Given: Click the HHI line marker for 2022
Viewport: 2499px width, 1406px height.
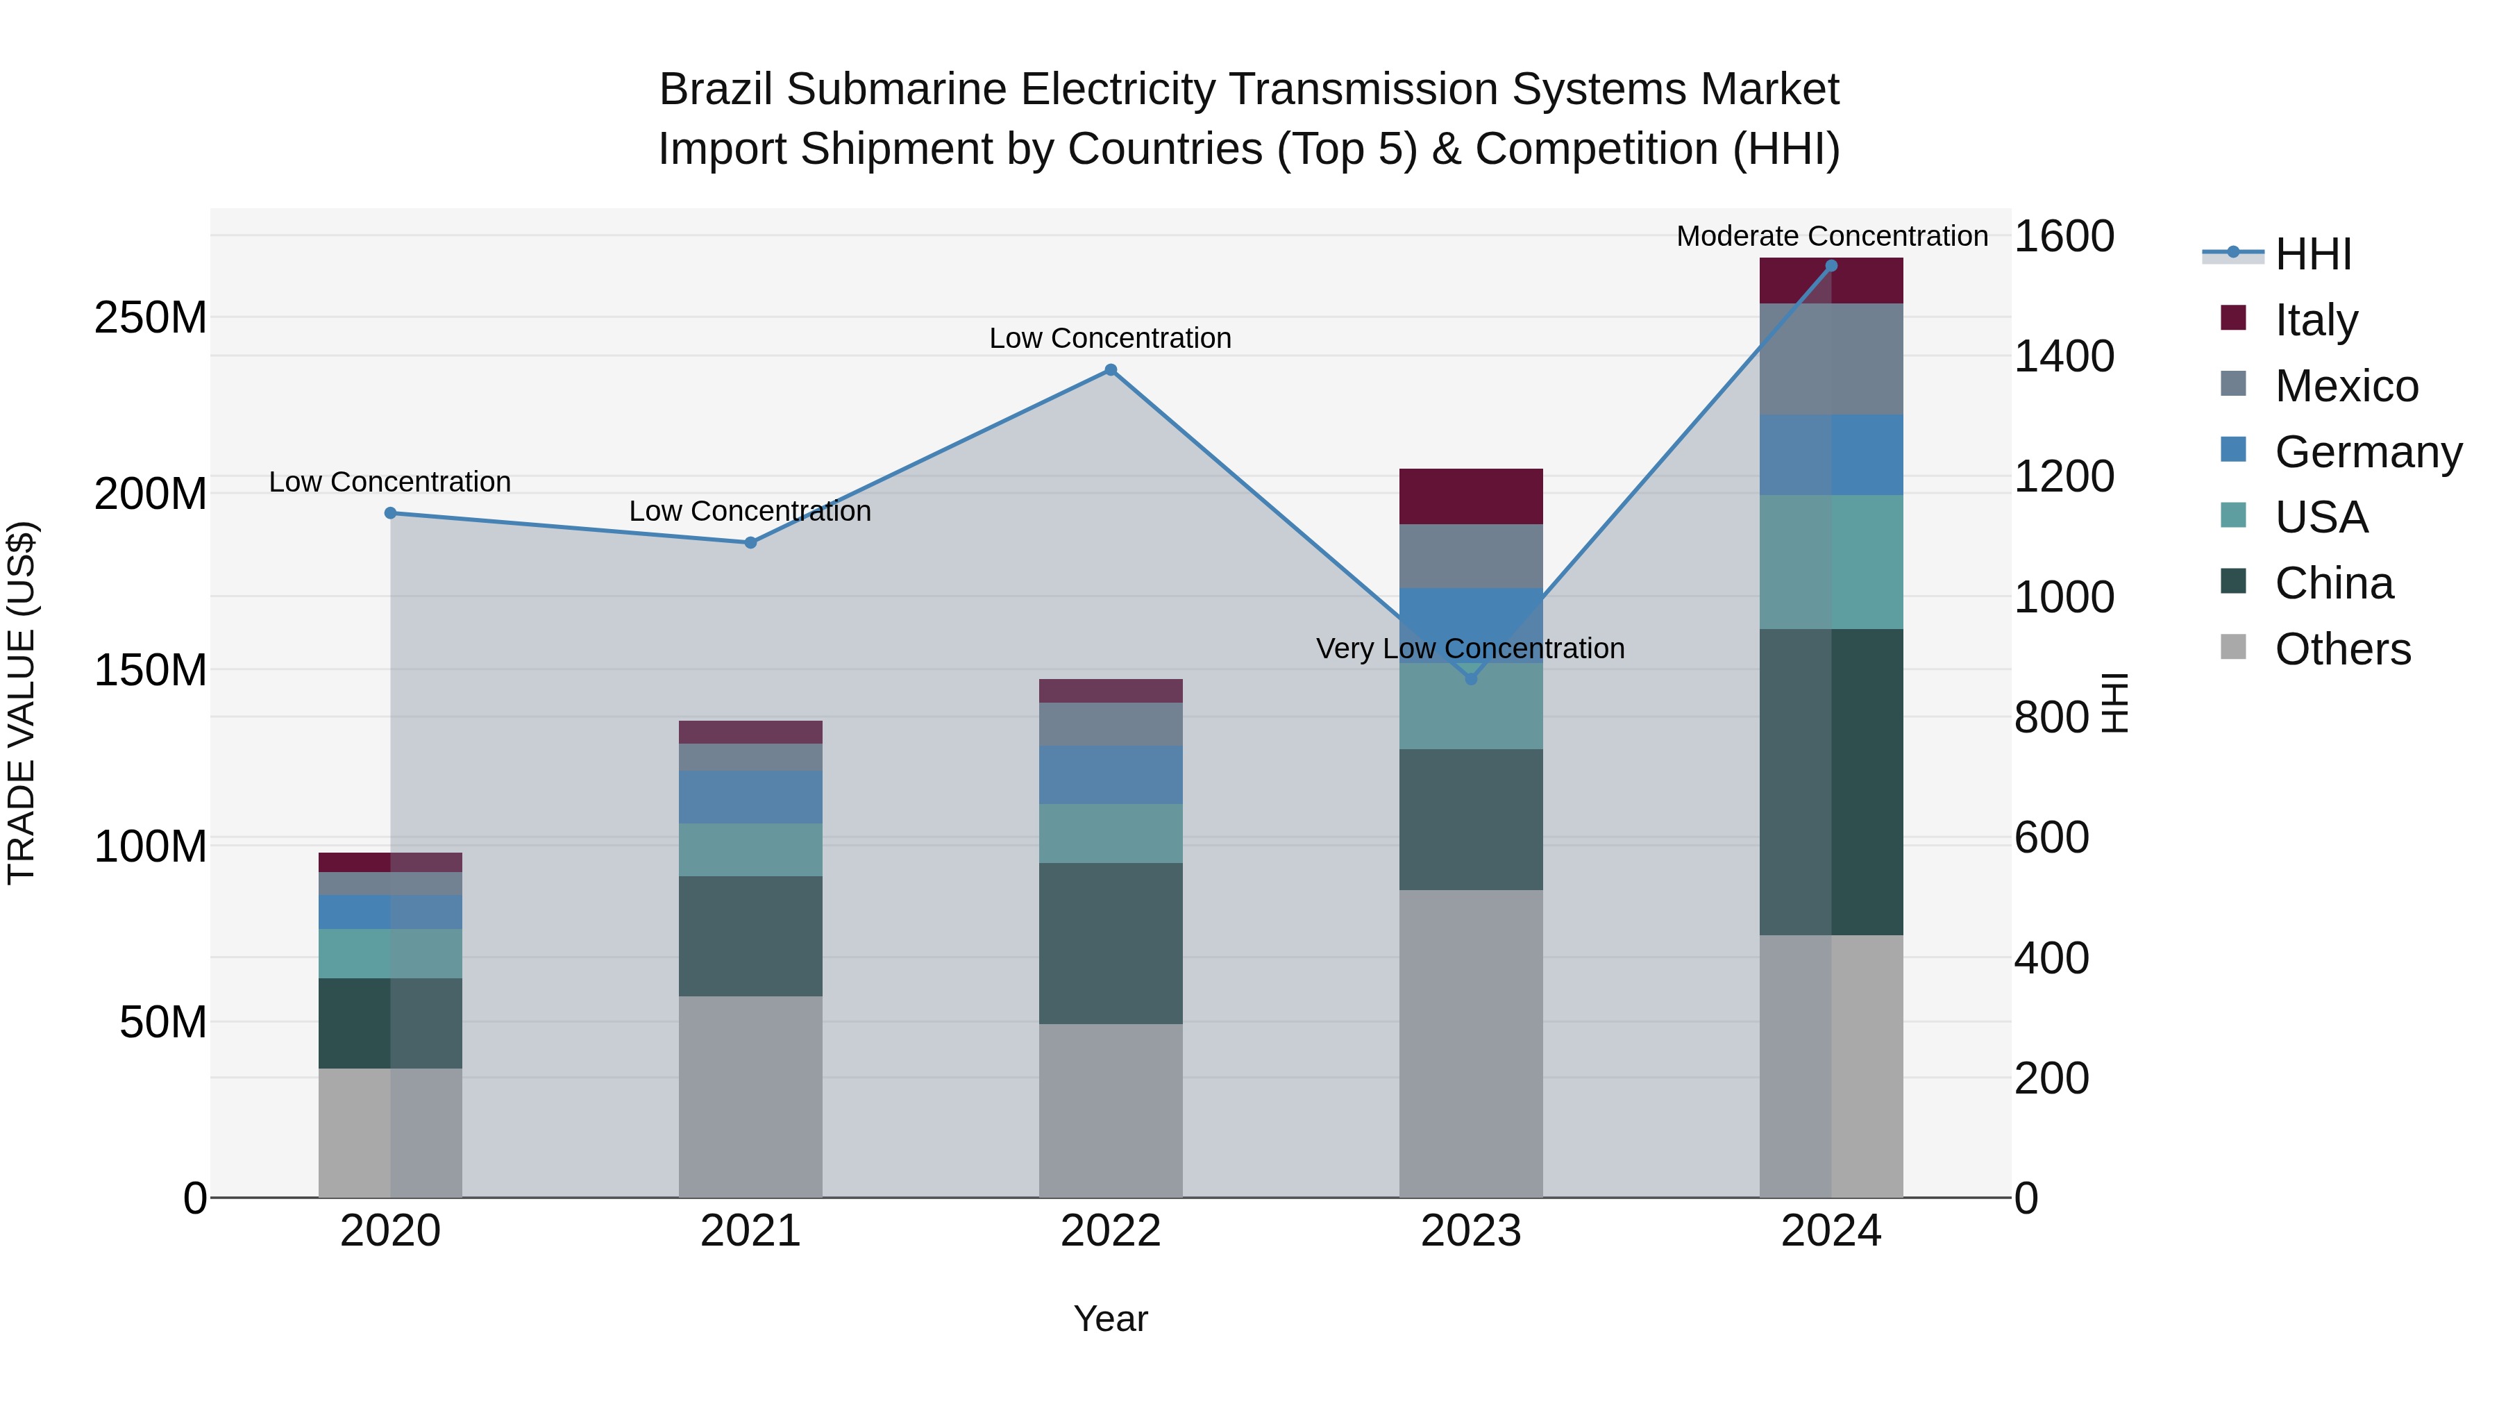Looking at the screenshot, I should tap(1111, 369).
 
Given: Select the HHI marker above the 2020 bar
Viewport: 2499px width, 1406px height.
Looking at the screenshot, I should tap(390, 513).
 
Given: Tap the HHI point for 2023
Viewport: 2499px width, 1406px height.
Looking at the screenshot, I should tap(1471, 679).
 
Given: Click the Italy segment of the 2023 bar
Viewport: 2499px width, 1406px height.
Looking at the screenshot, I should tap(1471, 497).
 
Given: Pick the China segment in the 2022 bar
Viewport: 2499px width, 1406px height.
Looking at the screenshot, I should tap(1111, 943).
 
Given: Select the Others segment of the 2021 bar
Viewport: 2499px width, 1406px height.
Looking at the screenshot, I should tap(750, 1096).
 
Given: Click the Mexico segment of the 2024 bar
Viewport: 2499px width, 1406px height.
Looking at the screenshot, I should tap(1831, 359).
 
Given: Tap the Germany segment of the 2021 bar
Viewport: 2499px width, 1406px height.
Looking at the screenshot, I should tap(750, 798).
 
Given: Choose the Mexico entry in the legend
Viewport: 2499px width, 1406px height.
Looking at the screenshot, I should tap(2346, 386).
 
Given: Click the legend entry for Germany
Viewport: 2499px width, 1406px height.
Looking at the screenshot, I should tap(2367, 452).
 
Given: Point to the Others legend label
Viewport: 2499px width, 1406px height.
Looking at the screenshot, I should tap(2342, 649).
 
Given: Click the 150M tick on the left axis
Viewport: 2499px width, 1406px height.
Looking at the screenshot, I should tap(151, 671).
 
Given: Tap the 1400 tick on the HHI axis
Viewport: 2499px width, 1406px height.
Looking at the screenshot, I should tap(2064, 356).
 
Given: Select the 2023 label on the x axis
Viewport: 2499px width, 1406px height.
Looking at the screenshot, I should tap(1471, 1231).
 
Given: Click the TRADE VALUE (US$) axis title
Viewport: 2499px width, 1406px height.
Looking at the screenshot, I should tap(22, 703).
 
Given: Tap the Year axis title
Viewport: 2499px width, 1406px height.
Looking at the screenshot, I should tap(1111, 1319).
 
